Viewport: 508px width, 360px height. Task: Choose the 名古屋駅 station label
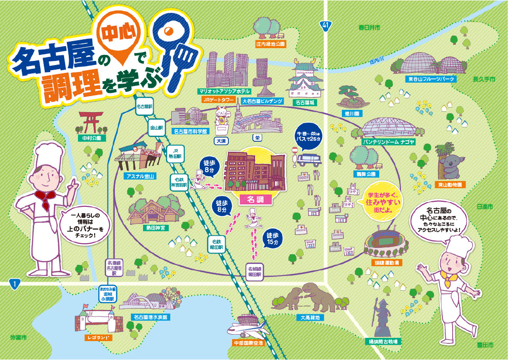pyautogui.click(x=144, y=106)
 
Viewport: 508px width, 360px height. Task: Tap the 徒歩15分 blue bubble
pyautogui.click(x=273, y=238)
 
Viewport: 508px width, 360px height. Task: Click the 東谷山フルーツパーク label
pyautogui.click(x=431, y=79)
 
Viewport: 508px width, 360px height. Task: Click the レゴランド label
pyautogui.click(x=98, y=338)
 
